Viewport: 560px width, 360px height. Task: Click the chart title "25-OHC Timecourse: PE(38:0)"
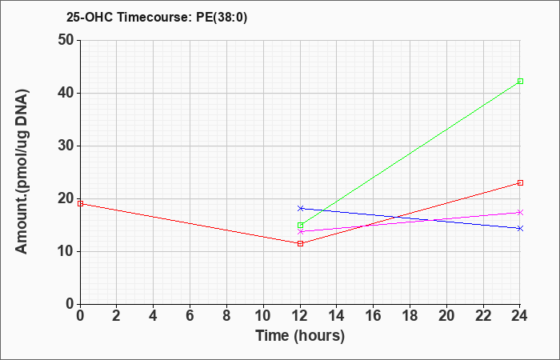157,17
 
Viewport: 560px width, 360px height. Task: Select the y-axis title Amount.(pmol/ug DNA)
22,172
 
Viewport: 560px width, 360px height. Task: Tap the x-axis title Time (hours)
300,336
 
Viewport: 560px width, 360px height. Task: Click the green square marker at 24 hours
520,82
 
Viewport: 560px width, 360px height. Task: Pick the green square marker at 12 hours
300,226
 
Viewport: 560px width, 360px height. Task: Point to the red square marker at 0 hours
80,203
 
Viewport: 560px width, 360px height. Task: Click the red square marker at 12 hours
300,243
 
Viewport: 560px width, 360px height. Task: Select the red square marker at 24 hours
520,183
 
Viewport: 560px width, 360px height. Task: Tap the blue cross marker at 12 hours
300,208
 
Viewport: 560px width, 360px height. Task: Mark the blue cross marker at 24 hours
520,228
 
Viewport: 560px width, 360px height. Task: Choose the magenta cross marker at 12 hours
300,231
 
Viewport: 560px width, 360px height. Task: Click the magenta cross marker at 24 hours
520,213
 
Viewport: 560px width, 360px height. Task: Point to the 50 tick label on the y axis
66,40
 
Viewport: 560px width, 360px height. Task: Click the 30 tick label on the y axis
66,146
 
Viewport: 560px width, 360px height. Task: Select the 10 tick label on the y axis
66,251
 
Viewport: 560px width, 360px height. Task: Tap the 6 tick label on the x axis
190,316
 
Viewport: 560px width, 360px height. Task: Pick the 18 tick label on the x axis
410,316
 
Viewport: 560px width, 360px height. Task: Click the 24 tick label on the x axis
519,316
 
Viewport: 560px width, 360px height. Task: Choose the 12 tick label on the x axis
300,316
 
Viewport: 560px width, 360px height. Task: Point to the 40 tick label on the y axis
66,94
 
